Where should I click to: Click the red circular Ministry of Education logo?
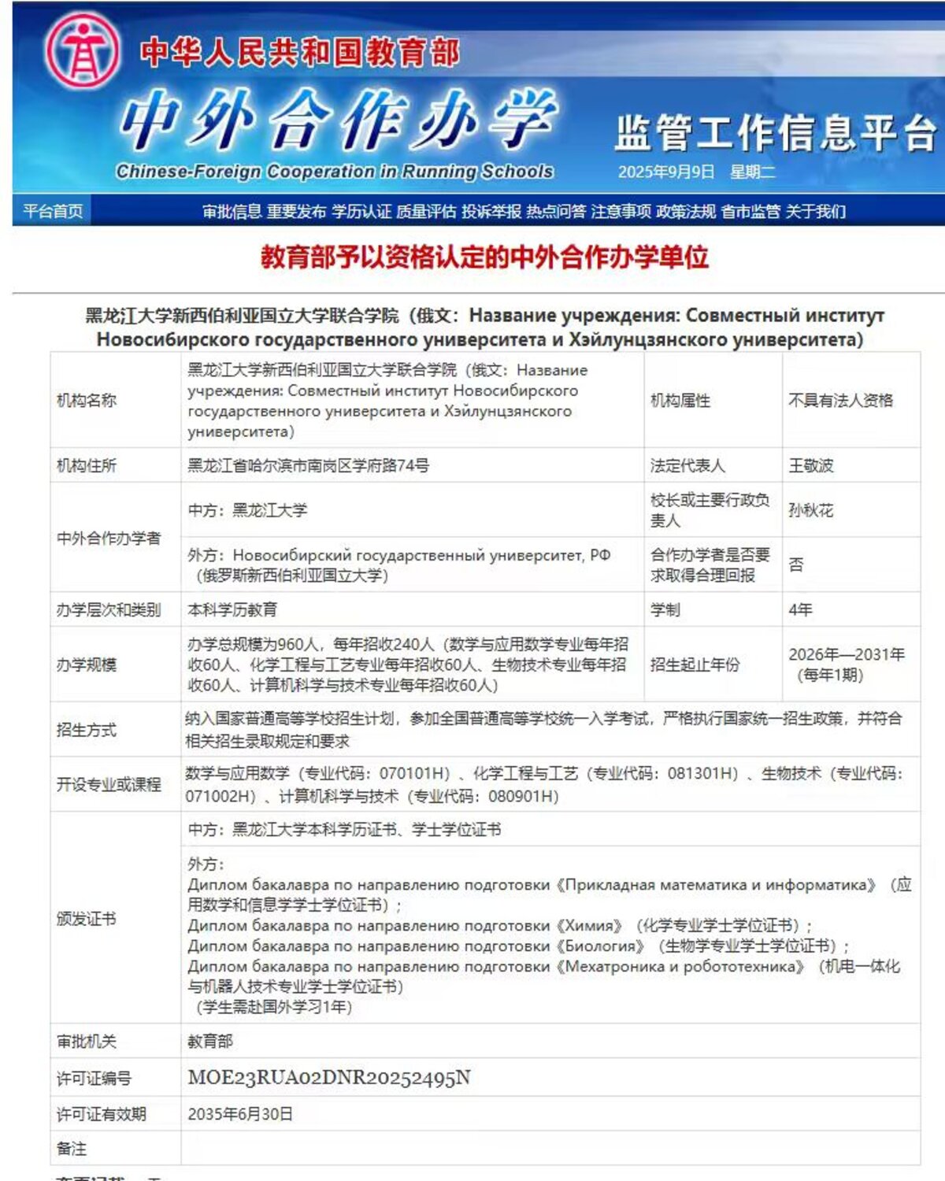pos(82,50)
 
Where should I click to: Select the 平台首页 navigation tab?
pos(53,211)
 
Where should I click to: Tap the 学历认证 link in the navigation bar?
pos(361,211)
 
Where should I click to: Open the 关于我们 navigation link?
pos(815,211)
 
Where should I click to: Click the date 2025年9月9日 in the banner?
pos(665,172)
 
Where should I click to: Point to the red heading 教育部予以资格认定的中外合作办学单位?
pos(484,257)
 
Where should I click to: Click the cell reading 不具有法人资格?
pos(840,400)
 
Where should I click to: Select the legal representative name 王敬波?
pos(810,465)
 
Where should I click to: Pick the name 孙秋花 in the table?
pos(810,510)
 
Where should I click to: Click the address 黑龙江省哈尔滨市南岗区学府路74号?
pos(308,465)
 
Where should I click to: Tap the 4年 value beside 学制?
pos(800,609)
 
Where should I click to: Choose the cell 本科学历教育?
pos(232,609)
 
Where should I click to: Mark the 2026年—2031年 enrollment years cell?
pos(846,654)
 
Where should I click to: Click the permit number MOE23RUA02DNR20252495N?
pos(328,1078)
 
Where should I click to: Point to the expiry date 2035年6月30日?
pos(240,1114)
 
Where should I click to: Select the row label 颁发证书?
pos(86,918)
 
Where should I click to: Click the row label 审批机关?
pos(86,1041)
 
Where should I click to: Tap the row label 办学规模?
pos(86,665)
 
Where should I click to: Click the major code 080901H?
pos(523,796)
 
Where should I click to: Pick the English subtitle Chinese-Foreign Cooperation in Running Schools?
pos(334,171)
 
